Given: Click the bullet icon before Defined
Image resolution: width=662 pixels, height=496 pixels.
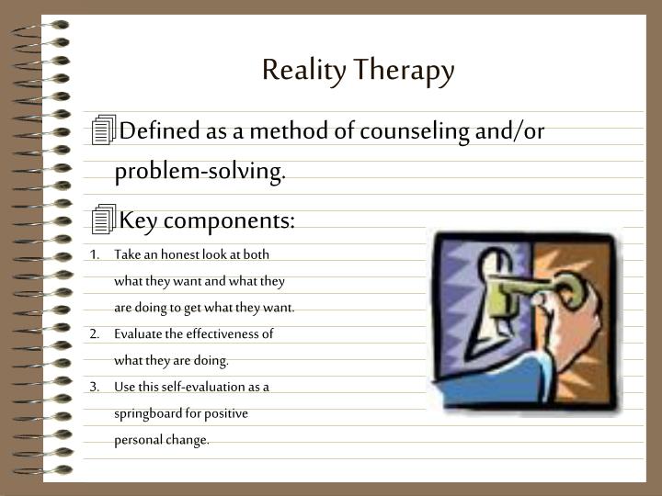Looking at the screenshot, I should (105, 131).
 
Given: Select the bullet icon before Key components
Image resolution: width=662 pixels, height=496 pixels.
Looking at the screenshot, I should (105, 220).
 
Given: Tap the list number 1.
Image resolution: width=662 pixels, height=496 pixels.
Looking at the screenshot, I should (95, 254).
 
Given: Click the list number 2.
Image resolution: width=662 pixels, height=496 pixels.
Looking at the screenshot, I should (95, 334).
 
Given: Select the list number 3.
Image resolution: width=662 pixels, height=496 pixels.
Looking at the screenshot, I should (95, 387).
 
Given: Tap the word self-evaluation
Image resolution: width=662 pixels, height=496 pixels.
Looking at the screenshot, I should (209, 387).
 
